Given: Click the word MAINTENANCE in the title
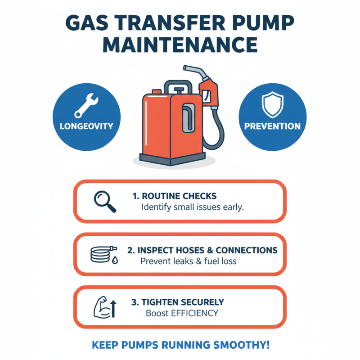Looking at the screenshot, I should coord(180,45).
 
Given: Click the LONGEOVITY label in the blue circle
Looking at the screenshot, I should coord(86,126).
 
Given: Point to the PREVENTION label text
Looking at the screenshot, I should coord(272,126).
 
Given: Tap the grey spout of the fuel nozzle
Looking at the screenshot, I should coord(193,71).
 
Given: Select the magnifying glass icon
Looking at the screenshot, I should coord(105,201).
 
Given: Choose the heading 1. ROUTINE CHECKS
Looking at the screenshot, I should coord(175,196).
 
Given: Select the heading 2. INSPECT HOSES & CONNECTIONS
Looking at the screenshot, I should coord(202,250).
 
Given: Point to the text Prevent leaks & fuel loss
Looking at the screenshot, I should coord(189,261).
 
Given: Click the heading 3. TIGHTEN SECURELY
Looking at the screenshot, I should coord(178,302).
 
